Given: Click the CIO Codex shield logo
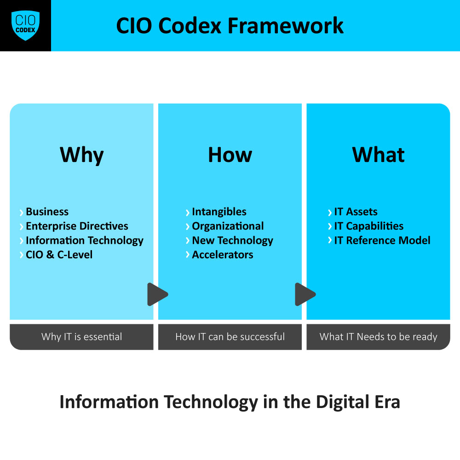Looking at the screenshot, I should click(25, 25).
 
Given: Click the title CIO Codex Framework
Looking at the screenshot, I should click(230, 26).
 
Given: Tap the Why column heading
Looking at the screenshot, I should click(82, 155).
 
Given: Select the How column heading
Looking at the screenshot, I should click(230, 155).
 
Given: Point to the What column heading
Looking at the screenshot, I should click(378, 155).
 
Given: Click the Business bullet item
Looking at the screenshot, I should click(47, 212).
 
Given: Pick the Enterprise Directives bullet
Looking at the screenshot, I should click(77, 226).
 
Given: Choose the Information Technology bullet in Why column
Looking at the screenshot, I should click(85, 241).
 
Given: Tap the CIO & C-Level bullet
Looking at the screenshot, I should click(59, 255).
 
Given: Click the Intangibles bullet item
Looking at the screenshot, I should click(219, 212).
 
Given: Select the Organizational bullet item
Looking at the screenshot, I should click(228, 226).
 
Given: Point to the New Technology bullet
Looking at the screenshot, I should click(232, 241).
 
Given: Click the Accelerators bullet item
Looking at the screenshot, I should click(222, 255).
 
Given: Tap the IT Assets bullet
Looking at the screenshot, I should click(356, 212).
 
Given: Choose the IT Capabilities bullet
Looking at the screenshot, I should click(368, 226).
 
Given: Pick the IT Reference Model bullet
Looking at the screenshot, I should click(382, 241).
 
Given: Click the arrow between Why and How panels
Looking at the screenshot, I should click(157, 294).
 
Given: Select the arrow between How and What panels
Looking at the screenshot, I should click(305, 294).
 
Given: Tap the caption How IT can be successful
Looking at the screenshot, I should click(230, 337).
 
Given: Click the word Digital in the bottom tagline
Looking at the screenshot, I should click(339, 402).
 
